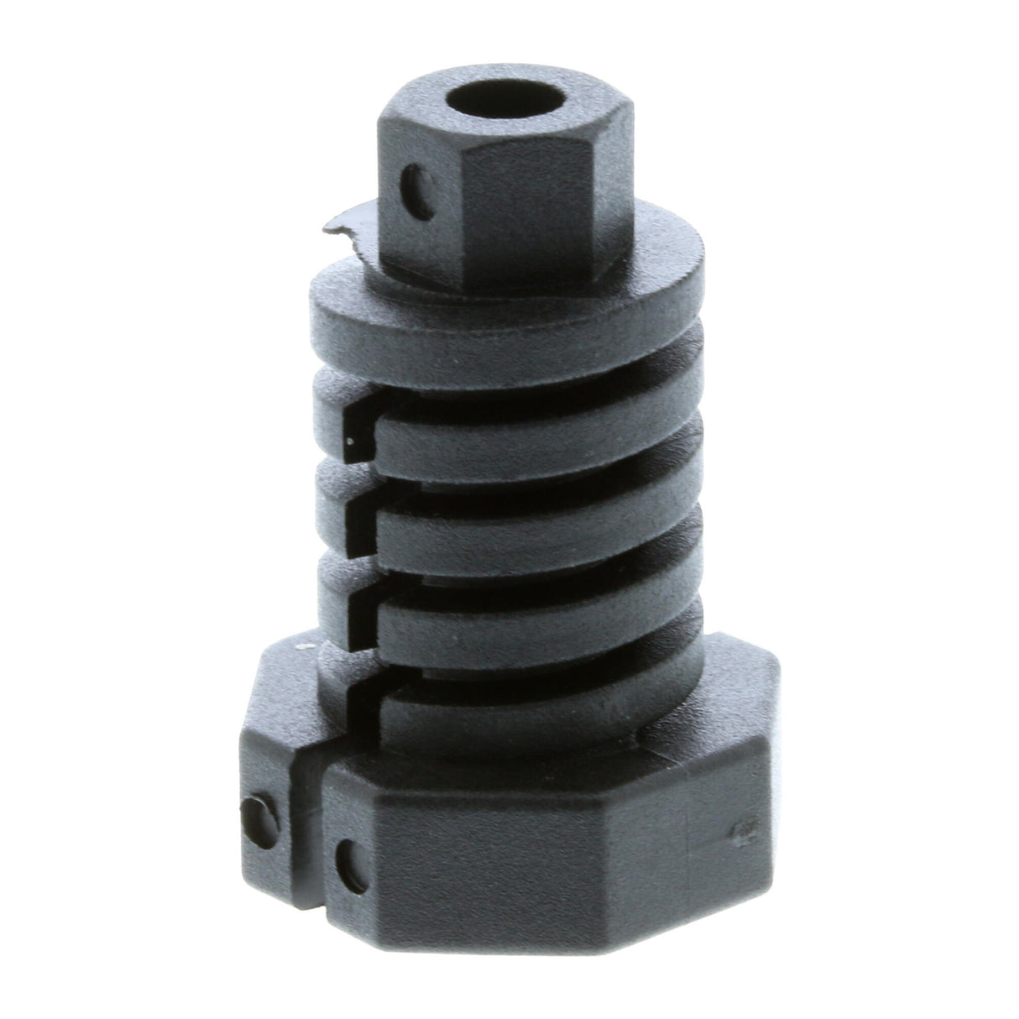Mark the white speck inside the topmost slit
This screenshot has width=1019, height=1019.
(351, 437)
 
